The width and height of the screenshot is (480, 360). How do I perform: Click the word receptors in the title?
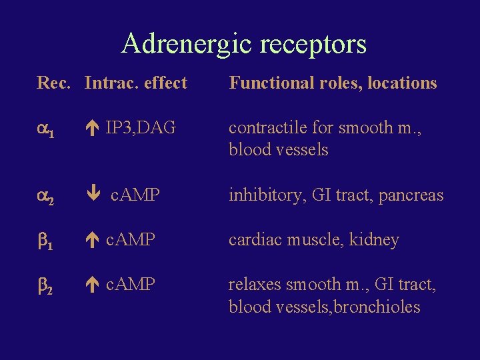(314, 45)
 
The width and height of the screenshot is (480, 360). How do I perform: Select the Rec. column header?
(55, 83)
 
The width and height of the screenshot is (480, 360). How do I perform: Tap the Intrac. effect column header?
(136, 83)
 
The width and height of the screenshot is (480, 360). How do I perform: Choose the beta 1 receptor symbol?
(45, 241)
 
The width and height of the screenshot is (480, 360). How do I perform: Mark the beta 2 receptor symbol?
(45, 285)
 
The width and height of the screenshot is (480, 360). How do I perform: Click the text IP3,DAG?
(141, 127)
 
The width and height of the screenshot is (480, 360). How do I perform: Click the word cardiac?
(253, 239)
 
